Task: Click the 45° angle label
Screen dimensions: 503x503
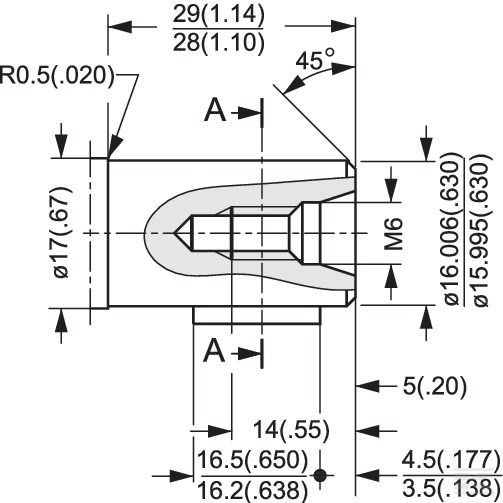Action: tap(315, 59)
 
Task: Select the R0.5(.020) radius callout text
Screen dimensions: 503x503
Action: tap(57, 75)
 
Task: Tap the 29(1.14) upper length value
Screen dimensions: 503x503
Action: tap(219, 14)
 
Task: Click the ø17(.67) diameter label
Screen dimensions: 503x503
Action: tap(61, 233)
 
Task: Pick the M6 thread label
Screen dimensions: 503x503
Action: tap(394, 234)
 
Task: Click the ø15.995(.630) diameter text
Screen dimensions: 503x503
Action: tap(481, 229)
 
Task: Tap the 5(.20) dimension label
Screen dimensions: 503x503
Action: tap(435, 387)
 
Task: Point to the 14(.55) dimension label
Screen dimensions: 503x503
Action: tap(291, 430)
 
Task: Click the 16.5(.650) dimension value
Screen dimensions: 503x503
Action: tap(253, 459)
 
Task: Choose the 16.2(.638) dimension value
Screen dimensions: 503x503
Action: tap(253, 489)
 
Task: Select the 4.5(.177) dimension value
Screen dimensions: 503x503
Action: tap(452, 459)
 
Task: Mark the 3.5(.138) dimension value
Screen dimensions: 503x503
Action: tap(452, 488)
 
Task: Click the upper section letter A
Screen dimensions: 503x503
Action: tap(215, 111)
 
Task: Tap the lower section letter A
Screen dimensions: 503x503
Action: tap(214, 351)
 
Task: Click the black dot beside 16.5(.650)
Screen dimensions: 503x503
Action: tap(320, 475)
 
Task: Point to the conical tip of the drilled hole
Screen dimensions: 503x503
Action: tap(174, 233)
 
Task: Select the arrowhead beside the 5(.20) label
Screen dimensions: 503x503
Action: tap(368, 387)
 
